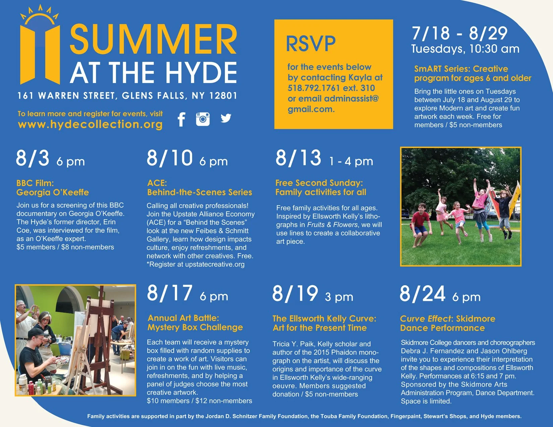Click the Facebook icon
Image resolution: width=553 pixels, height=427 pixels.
tap(181, 119)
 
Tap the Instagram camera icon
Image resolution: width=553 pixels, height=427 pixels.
tap(203, 119)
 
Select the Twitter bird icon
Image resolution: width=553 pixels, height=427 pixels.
tap(226, 118)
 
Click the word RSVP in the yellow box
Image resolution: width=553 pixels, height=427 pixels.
tap(311, 44)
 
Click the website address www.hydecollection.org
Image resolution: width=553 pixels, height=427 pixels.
tap(90, 124)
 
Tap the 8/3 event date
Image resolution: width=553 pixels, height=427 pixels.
tap(33, 158)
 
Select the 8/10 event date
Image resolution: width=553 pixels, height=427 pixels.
tap(170, 158)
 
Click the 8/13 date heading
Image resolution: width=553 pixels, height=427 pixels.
tap(298, 158)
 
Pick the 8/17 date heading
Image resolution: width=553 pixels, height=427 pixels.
tap(170, 293)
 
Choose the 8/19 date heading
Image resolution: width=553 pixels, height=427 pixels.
tap(295, 294)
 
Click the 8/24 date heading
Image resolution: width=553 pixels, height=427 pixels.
tap(422, 294)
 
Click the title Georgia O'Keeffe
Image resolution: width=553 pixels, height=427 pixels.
tap(53, 193)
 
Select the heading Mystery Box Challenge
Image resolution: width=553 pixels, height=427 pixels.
tap(195, 327)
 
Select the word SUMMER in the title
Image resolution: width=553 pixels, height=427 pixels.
tap(153, 39)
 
